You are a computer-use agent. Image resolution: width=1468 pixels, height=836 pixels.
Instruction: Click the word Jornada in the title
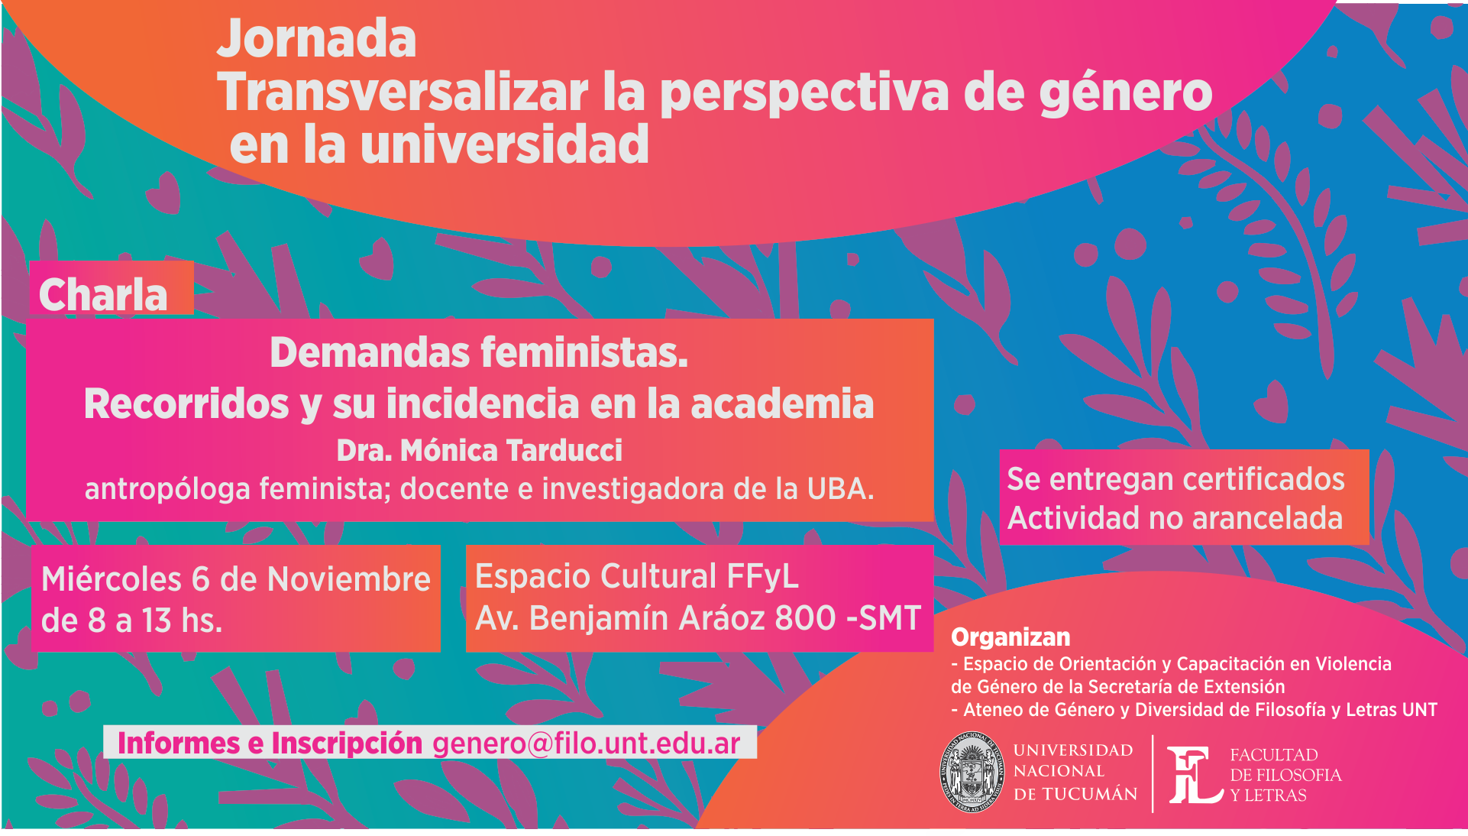tap(317, 41)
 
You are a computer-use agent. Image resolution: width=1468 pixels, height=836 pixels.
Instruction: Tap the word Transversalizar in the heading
tap(403, 92)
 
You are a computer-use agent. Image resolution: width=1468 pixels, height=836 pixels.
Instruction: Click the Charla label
tap(103, 294)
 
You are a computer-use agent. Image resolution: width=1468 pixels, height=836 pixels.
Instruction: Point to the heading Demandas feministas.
tap(479, 353)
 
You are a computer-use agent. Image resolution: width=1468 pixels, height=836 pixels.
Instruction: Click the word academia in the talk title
tap(782, 403)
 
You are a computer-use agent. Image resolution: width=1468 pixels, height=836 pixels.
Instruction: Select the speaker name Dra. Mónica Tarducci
tap(480, 451)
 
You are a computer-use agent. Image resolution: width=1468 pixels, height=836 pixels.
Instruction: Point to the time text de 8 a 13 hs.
tap(131, 621)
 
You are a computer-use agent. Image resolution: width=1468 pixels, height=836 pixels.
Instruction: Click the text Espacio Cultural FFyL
tap(636, 576)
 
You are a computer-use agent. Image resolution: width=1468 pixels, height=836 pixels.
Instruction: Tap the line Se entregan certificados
tap(1175, 479)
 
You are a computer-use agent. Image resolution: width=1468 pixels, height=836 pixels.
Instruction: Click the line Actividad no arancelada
tap(1175, 518)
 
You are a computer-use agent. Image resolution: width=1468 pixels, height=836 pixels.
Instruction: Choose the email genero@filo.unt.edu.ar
tap(586, 743)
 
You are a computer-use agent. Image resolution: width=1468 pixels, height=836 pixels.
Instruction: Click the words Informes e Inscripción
tap(270, 743)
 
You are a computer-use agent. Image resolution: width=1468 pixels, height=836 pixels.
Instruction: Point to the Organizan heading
tap(1010, 637)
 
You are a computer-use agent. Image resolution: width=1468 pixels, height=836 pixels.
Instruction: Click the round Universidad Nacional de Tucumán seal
tap(971, 772)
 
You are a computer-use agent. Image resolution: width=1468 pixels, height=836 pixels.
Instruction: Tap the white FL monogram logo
tap(1195, 775)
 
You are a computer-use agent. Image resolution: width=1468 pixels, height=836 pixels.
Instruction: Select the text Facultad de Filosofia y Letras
tap(1285, 775)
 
